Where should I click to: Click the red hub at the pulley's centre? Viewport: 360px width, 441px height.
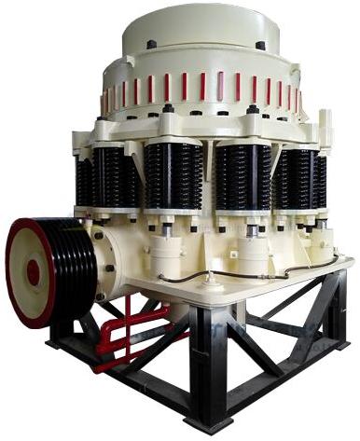click(34, 272)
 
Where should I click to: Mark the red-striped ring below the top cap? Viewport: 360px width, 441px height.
click(201, 89)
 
